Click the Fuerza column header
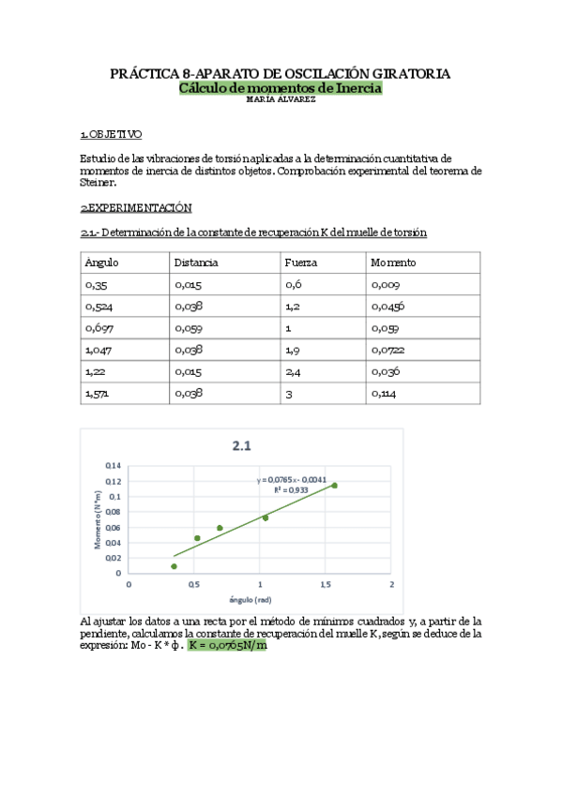(x=300, y=262)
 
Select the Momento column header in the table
(x=393, y=262)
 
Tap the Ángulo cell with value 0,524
(x=99, y=307)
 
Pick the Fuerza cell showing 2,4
(x=293, y=371)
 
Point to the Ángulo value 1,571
(x=97, y=394)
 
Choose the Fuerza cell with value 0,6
(x=293, y=284)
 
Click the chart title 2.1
(x=241, y=446)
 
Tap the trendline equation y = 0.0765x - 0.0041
(x=291, y=479)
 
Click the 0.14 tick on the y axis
(x=114, y=465)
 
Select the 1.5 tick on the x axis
(x=326, y=585)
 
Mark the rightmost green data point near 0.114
(x=334, y=485)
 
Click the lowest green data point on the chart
(x=174, y=566)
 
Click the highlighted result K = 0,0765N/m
(x=226, y=645)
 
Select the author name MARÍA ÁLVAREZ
(x=280, y=99)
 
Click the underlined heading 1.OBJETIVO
(x=111, y=134)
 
